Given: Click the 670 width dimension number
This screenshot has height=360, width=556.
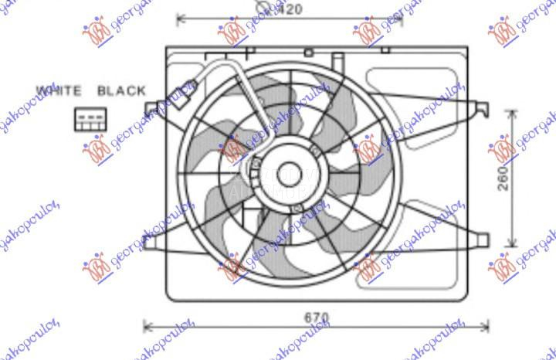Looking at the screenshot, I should coord(316,318).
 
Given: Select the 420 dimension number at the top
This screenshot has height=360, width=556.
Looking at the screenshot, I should coord(289,10).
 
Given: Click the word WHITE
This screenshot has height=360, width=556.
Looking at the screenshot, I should coord(59,90).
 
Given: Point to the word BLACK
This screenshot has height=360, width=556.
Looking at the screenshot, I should coord(121,90).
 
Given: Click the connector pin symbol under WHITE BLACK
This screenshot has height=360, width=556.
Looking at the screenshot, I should coord(86,118).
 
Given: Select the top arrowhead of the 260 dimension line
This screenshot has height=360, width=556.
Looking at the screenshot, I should coord(514,113).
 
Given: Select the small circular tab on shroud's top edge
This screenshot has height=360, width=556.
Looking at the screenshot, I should coord(308,53).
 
